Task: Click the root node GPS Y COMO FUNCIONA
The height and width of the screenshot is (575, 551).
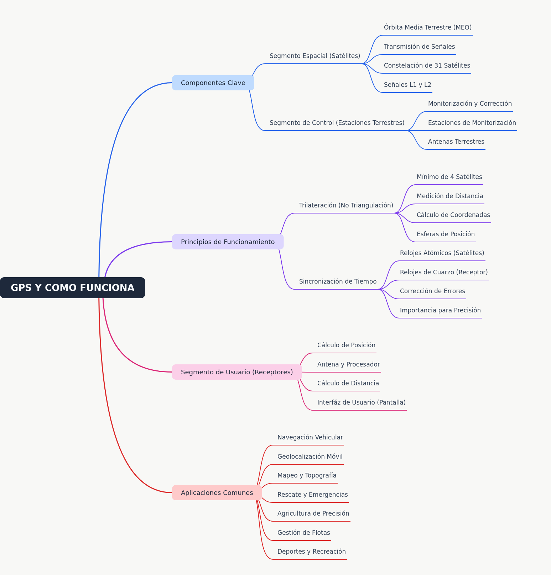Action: (x=73, y=287)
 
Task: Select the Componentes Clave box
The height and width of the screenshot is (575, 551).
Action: (x=213, y=83)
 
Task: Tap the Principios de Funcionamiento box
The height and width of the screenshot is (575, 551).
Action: (x=228, y=242)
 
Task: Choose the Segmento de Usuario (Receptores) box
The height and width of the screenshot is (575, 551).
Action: (x=237, y=372)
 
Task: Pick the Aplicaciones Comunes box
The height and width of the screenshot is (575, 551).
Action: (x=217, y=493)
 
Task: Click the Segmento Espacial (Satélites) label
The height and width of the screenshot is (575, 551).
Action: (x=315, y=56)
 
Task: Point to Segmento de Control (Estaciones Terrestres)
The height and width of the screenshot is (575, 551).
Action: (x=337, y=123)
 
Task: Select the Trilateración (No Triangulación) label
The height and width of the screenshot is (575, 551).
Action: (x=346, y=205)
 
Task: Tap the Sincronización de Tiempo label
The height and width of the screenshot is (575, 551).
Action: (x=338, y=281)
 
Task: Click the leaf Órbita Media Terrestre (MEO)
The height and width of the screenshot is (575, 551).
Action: (x=428, y=27)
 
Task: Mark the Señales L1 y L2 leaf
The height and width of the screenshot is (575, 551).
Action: (x=407, y=85)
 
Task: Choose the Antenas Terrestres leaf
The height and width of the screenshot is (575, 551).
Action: (x=456, y=142)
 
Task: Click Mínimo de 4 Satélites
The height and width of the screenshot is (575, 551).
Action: (x=449, y=177)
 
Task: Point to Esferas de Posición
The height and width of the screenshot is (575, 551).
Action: (x=446, y=234)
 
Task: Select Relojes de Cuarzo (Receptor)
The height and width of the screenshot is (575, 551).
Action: (x=444, y=272)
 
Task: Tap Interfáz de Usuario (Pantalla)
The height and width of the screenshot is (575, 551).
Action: (x=362, y=402)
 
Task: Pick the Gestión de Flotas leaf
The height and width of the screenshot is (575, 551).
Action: (x=304, y=533)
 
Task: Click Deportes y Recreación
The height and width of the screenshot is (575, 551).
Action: (x=312, y=552)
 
